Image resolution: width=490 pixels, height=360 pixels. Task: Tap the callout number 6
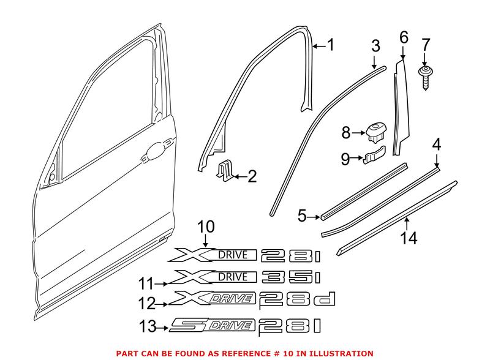point(403,36)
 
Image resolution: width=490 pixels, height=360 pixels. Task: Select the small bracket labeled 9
point(374,157)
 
